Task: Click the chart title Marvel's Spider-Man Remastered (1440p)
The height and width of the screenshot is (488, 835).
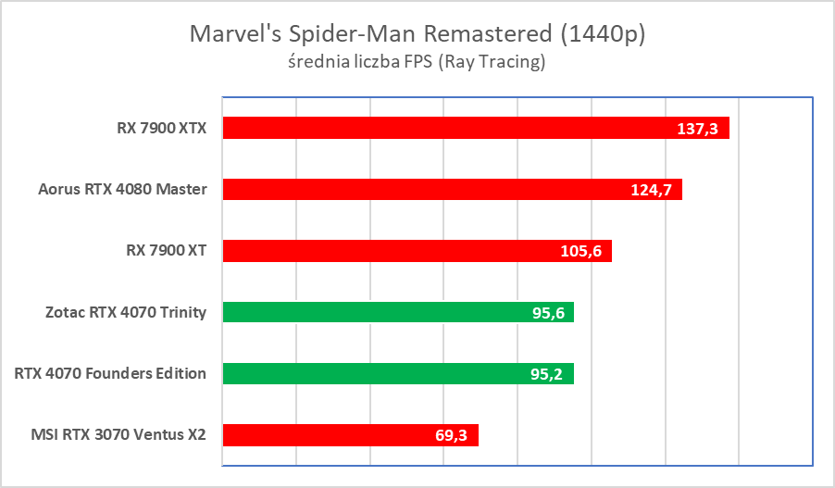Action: click(x=417, y=34)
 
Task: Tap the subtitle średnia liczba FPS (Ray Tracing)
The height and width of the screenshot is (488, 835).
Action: click(x=417, y=63)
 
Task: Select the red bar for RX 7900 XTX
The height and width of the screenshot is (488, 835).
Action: click(x=444, y=128)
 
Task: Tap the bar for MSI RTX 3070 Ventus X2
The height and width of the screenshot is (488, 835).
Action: click(x=333, y=435)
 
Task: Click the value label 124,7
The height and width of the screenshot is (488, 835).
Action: click(x=652, y=190)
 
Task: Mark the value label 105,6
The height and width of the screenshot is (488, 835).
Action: click(x=581, y=251)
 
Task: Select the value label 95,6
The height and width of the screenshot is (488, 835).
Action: click(x=547, y=313)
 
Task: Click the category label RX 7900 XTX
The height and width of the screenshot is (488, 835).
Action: click(x=161, y=128)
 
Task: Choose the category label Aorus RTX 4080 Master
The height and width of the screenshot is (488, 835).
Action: click(x=122, y=190)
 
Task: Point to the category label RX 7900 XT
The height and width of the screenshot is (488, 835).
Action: click(x=167, y=251)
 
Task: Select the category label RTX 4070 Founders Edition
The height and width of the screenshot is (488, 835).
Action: click(x=110, y=374)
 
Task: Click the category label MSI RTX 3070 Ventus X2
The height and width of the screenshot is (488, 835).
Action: click(x=118, y=435)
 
